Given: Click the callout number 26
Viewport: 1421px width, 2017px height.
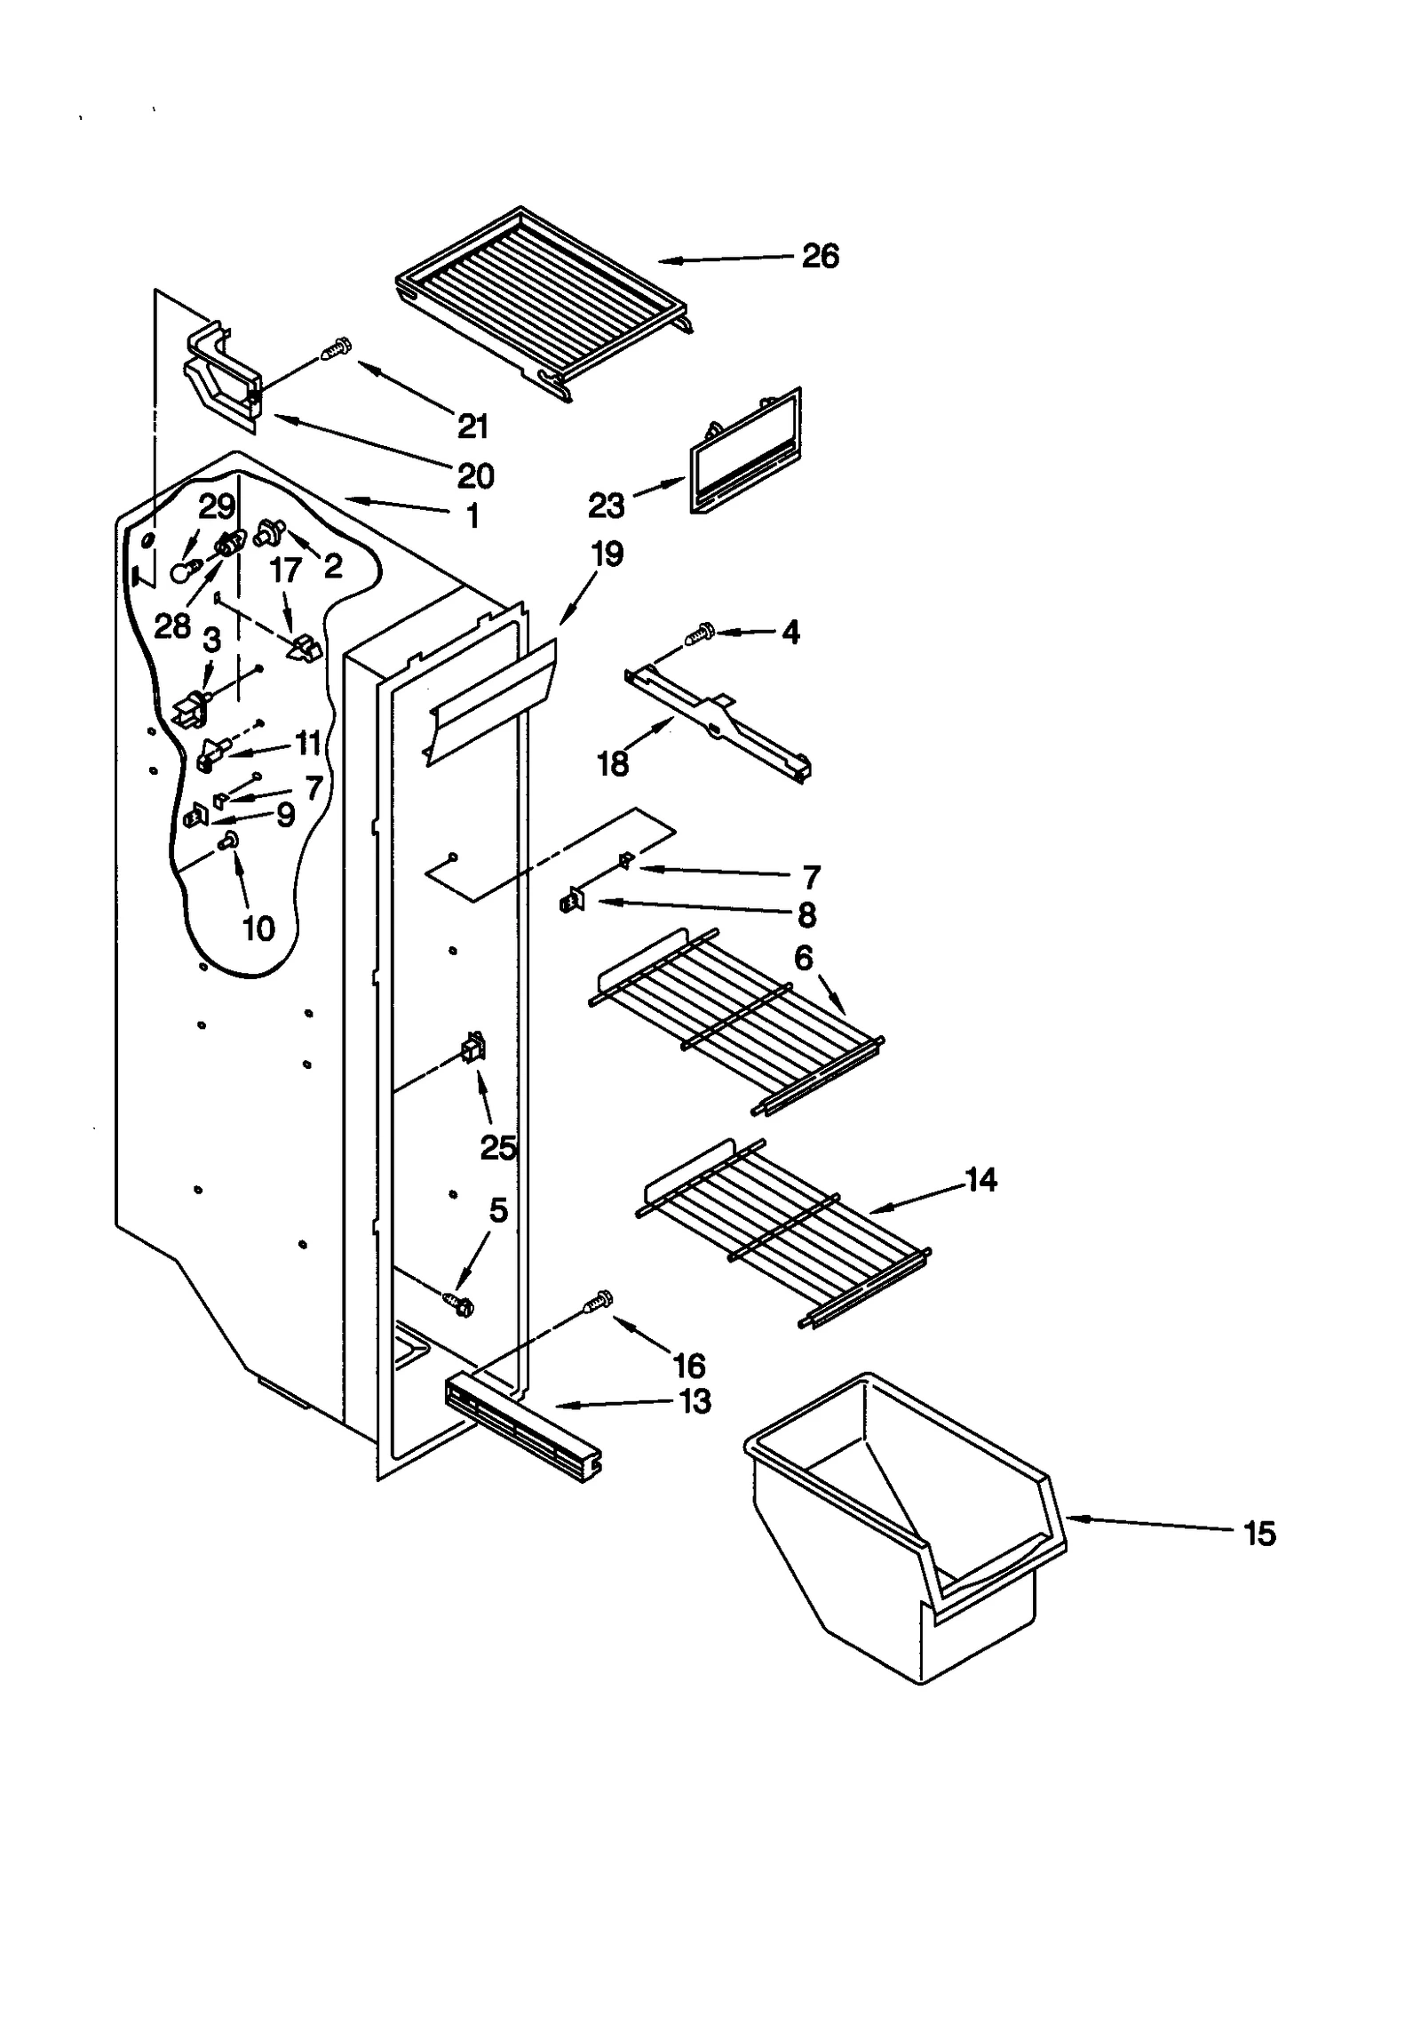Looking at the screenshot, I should pos(819,257).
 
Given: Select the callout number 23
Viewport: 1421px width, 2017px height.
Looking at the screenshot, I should pos(607,506).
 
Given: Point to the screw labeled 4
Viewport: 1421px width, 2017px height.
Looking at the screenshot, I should pos(700,634).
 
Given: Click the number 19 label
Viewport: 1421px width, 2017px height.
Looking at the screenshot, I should pos(607,554).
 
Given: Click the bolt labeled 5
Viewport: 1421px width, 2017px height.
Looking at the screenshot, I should pos(459,1303).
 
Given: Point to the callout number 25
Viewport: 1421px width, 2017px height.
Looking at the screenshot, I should pos(498,1147).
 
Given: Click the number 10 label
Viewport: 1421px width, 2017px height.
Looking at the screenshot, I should pos(258,929).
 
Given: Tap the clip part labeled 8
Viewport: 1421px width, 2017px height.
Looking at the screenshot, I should pos(570,903).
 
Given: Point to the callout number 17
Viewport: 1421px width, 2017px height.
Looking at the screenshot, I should pos(285,570).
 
